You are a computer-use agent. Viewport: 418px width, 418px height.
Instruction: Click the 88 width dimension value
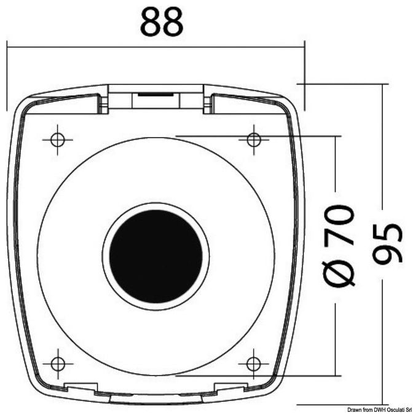[162, 22]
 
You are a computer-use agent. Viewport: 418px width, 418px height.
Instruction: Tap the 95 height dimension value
[387, 243]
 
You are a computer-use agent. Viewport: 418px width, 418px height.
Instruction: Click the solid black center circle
[156, 256]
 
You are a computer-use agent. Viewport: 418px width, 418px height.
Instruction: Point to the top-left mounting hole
[58, 140]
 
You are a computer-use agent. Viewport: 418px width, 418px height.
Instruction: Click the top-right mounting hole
[254, 140]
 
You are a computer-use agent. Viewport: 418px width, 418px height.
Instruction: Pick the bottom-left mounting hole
[58, 364]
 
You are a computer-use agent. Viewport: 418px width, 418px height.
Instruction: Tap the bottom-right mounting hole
[253, 364]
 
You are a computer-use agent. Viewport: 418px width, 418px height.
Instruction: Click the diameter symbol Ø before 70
[339, 274]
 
